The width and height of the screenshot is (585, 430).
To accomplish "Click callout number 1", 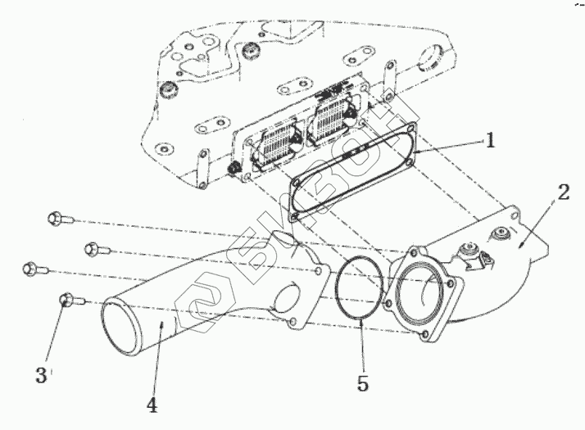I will point(489,140).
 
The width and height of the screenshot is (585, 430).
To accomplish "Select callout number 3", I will point(42,376).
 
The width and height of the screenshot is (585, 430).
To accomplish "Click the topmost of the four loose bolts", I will point(57,218).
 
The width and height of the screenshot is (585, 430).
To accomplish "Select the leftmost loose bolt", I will point(29,267).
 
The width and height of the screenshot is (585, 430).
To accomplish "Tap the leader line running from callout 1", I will point(451,146).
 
